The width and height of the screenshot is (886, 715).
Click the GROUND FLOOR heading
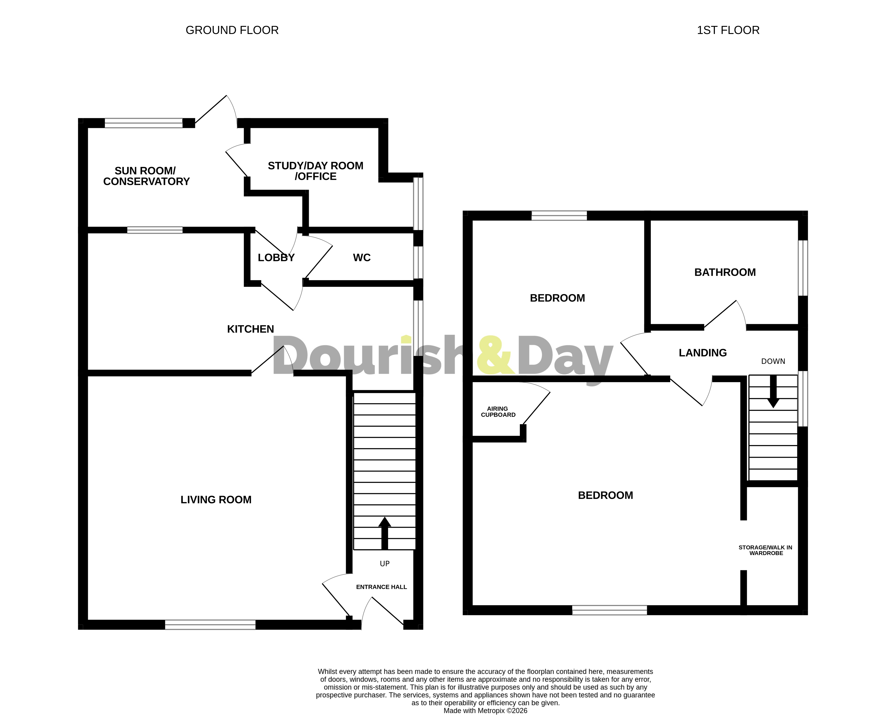coord(232,30)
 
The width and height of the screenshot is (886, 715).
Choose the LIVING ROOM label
coord(216,500)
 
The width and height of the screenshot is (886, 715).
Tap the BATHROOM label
coord(725,272)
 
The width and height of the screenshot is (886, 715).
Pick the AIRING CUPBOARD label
coord(498,411)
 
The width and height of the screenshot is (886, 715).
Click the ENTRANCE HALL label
coord(381,587)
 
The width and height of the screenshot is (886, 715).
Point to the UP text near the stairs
coord(384,564)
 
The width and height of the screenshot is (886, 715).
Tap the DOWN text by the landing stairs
coord(773,361)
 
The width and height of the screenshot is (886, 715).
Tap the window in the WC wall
coord(418,262)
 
